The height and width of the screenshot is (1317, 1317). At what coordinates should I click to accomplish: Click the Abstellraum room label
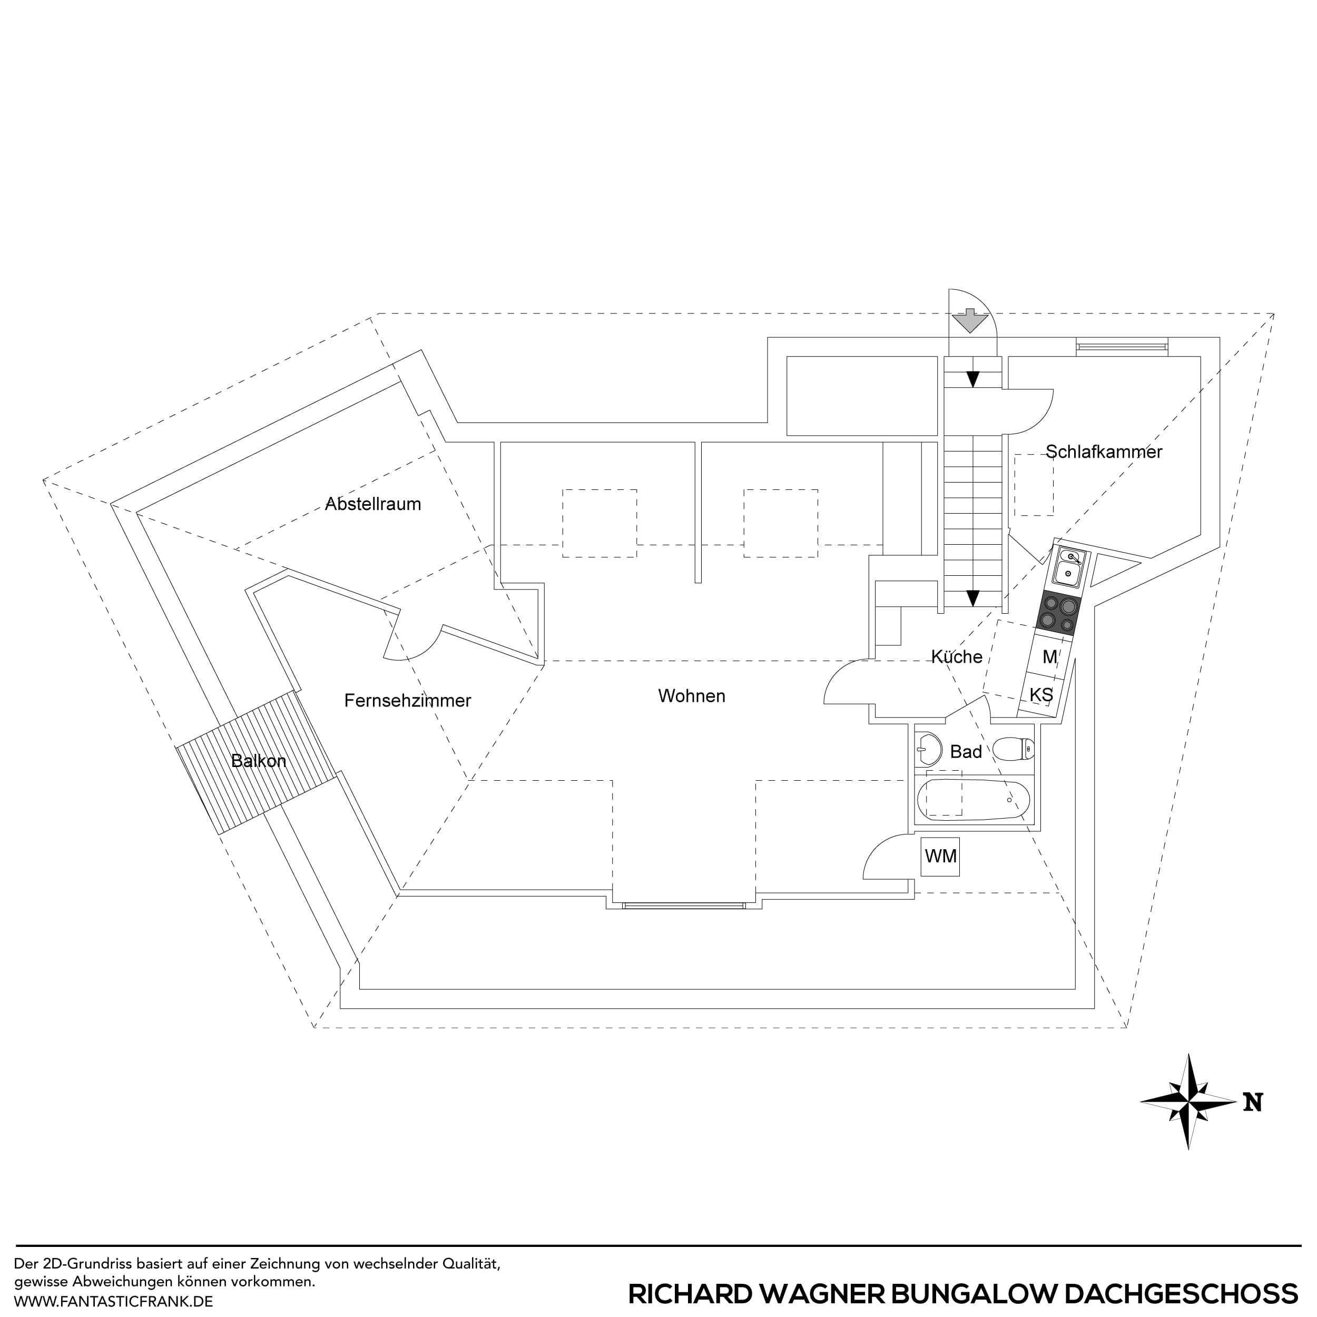coord(373,505)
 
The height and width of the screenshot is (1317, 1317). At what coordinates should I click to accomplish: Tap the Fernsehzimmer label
coord(408,701)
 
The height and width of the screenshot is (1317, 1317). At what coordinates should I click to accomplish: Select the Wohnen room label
coord(691,696)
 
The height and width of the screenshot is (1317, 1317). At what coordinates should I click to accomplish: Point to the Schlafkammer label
coord(1104,452)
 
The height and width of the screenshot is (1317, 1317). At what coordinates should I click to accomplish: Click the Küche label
coord(956,657)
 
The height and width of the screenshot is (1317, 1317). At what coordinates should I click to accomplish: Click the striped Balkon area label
coord(258,761)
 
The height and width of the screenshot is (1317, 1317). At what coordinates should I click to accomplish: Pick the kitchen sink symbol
coord(1068,567)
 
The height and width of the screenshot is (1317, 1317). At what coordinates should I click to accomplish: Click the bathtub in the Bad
coord(973,800)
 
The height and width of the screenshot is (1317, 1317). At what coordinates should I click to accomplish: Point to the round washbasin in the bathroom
coord(927,749)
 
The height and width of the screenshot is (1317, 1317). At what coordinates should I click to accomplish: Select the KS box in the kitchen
coord(1041,695)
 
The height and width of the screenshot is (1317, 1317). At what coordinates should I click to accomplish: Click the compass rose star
coord(1188,1102)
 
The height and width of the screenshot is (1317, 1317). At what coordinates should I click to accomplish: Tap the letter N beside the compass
coord(1252,1102)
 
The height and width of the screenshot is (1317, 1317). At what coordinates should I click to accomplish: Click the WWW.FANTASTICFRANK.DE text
coord(113,1301)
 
